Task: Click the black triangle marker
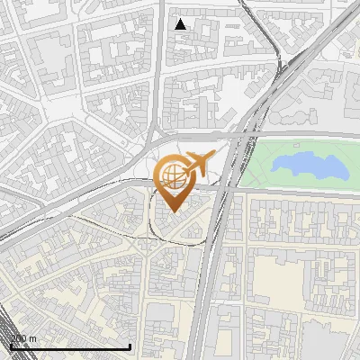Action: coord(181,24)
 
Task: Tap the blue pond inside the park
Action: coord(310,165)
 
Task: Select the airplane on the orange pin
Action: coord(199,164)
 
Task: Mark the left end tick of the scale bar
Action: coord(10,345)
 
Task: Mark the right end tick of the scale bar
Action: coord(131,345)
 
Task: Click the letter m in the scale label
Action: coord(33,337)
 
